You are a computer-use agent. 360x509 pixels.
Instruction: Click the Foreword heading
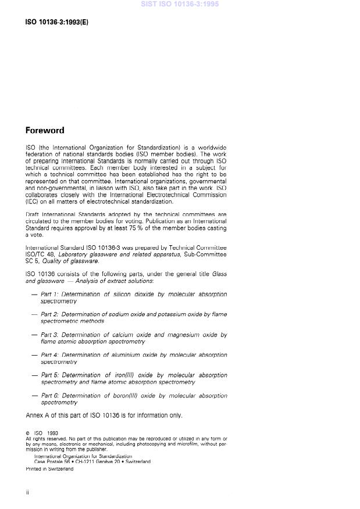(x=45, y=130)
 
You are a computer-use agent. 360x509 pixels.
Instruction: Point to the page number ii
(x=27, y=492)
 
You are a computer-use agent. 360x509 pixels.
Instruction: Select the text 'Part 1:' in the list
(x=50, y=295)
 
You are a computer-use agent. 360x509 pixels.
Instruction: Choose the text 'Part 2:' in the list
(x=51, y=314)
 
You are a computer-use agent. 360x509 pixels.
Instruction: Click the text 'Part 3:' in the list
(x=51, y=335)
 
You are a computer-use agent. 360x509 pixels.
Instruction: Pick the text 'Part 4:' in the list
(x=51, y=354)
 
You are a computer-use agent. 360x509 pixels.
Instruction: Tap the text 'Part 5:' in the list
(x=51, y=375)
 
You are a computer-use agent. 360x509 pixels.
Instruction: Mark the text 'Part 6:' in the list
(x=51, y=396)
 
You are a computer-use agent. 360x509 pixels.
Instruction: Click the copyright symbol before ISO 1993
(x=28, y=433)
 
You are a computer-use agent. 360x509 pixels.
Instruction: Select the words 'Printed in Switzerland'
(x=49, y=469)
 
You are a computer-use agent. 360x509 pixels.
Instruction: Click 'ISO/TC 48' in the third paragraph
(x=39, y=254)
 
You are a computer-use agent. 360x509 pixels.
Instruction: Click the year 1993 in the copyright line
(x=52, y=433)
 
